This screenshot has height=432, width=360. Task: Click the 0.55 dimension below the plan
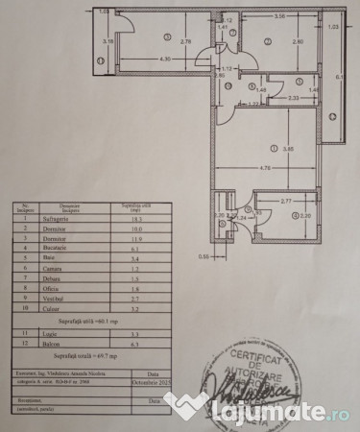(x=204, y=257)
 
